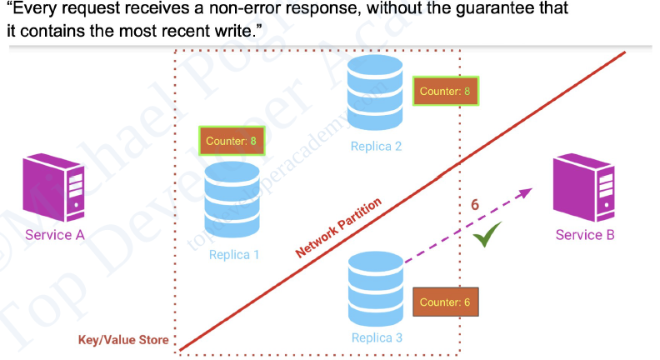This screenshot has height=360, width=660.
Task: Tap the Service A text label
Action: coord(55,235)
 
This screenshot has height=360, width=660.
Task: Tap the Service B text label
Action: coord(585,235)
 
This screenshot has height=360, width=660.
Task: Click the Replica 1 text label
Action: coord(234,255)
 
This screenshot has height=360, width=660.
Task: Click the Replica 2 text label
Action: coord(377,147)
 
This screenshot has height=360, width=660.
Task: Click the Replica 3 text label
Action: coord(377,337)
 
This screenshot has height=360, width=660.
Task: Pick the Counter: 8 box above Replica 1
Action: coord(232,141)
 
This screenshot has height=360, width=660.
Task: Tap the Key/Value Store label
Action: coord(123,340)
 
